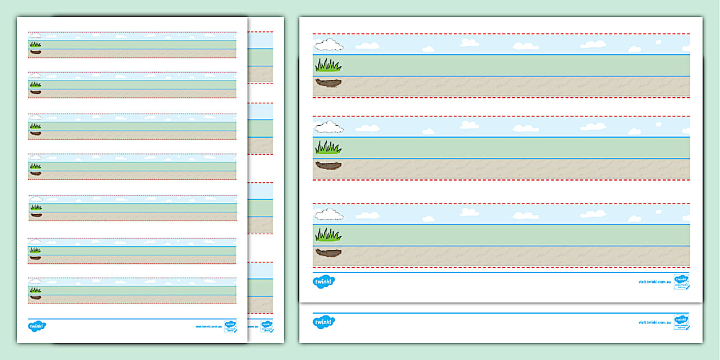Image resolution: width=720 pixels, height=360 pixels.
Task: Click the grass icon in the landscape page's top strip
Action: pyautogui.click(x=328, y=65)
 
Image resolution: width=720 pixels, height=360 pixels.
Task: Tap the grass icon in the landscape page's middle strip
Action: pyautogui.click(x=328, y=147)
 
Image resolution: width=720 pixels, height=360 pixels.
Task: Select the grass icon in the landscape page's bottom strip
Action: pyautogui.click(x=328, y=234)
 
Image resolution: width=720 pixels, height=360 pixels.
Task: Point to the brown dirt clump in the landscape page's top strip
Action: pyautogui.click(x=328, y=83)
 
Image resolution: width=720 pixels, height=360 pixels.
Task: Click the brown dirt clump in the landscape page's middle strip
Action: pyautogui.click(x=328, y=166)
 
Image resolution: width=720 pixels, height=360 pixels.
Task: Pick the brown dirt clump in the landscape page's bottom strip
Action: pyautogui.click(x=328, y=253)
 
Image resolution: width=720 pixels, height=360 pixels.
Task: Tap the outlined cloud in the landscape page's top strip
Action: pyautogui.click(x=329, y=45)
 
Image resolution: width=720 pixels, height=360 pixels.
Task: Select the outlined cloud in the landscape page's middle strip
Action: pyautogui.click(x=329, y=127)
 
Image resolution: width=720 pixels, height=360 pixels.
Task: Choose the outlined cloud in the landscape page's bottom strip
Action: pyautogui.click(x=329, y=214)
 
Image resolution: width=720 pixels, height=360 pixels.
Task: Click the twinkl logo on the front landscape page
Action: pyautogui.click(x=324, y=281)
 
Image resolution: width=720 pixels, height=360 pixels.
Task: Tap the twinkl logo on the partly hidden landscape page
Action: pyautogui.click(x=324, y=322)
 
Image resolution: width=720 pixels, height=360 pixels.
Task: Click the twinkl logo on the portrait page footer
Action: pyautogui.click(x=37, y=326)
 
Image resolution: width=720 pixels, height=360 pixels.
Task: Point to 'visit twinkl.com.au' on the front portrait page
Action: pyautogui.click(x=208, y=327)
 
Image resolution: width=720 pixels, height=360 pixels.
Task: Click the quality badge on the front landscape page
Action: pyautogui.click(x=681, y=281)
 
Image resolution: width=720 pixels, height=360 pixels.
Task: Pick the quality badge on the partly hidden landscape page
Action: pyautogui.click(x=681, y=321)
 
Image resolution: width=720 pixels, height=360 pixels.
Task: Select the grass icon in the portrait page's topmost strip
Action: pyautogui.click(x=35, y=43)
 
